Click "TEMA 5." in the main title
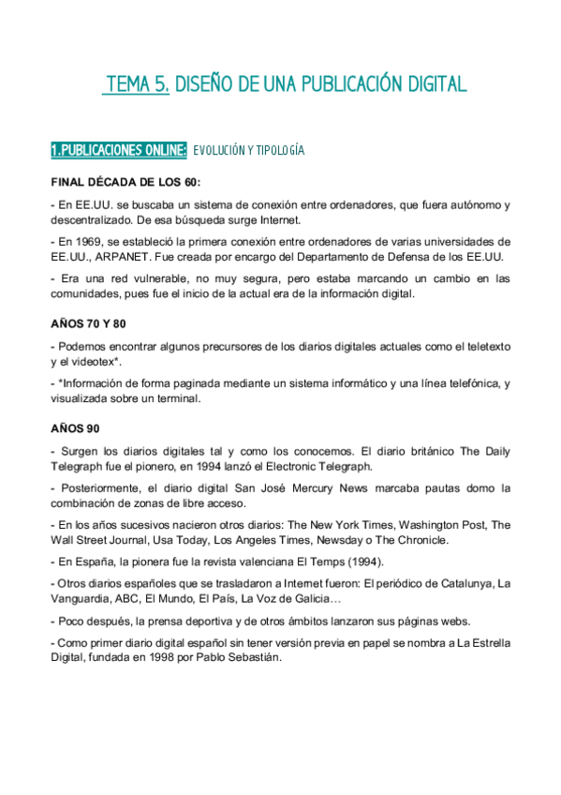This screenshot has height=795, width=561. click(x=137, y=85)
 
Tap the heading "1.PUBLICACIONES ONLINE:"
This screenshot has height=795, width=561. click(x=118, y=150)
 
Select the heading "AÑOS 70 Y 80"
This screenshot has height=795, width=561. click(x=88, y=323)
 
